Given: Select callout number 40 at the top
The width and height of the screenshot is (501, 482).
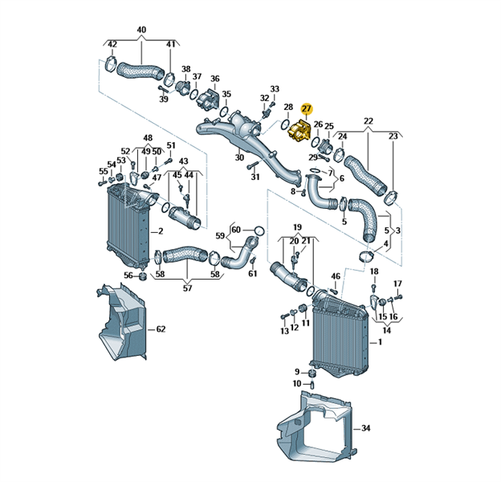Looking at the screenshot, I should coord(141,31).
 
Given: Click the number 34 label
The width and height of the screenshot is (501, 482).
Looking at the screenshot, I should coord(365,429).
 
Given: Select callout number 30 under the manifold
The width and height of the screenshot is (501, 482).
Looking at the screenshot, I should coord(239,157).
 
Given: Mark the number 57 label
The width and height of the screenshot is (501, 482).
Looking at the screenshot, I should coord(187,287).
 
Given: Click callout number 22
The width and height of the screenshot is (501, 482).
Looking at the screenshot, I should coord(369,121).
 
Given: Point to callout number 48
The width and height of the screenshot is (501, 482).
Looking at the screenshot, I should coord(148,137).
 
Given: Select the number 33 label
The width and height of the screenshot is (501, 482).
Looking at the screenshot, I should coord(275,89).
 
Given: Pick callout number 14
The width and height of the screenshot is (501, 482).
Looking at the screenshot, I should coord(385,330).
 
